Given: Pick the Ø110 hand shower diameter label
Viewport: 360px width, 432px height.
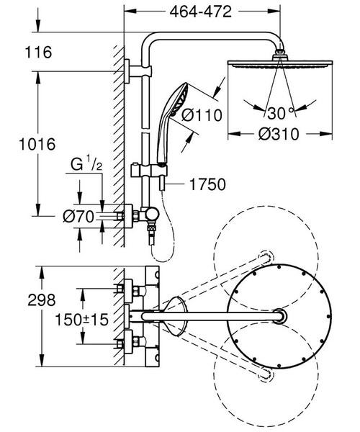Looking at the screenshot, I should [202, 114].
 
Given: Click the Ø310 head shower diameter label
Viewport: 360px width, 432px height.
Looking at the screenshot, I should [277, 135].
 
